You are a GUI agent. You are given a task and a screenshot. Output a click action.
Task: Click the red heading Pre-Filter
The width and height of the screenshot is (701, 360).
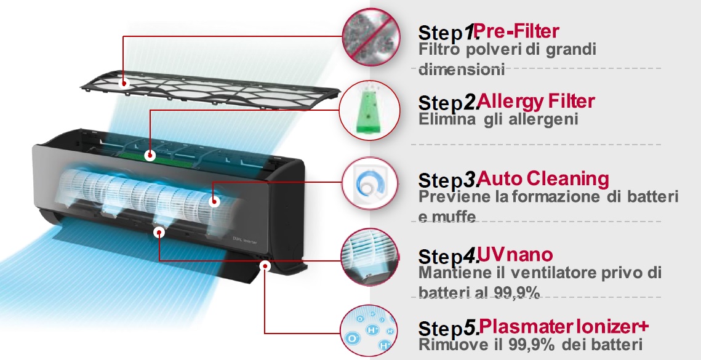(516, 31)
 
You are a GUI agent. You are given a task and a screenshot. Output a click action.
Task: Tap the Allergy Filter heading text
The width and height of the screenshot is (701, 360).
(535, 102)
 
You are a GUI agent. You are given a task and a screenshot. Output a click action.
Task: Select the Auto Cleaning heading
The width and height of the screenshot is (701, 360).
(543, 178)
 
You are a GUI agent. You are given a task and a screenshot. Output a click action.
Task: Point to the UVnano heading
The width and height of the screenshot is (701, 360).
(515, 254)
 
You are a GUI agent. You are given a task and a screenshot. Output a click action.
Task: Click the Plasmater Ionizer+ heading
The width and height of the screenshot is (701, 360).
(564, 326)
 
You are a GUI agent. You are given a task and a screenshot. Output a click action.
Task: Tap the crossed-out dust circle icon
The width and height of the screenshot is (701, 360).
(371, 38)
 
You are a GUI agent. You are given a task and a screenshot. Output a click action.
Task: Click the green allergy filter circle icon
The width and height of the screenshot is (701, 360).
(369, 110)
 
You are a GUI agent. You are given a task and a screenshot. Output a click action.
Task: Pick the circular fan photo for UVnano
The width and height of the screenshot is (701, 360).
(369, 257)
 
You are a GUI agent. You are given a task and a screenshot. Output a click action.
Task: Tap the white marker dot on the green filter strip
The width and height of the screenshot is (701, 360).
(150, 156)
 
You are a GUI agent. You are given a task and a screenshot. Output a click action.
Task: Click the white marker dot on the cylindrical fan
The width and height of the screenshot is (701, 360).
(215, 202)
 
